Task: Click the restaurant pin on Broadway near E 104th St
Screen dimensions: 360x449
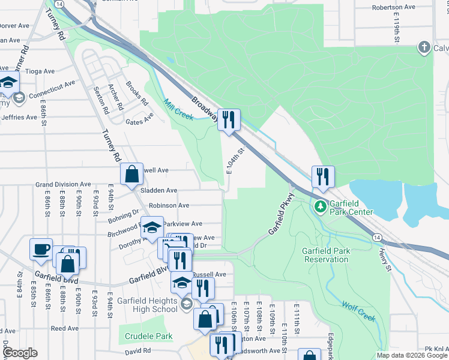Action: [229, 120]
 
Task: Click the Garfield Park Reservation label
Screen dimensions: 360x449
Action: [318, 255]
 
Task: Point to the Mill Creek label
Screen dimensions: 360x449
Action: [178, 109]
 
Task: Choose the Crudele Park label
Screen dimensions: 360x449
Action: [145, 337]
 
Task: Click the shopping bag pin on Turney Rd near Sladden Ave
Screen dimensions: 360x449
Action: [131, 175]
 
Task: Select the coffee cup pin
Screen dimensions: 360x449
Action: [41, 249]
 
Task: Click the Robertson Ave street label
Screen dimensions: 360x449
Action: [393, 7]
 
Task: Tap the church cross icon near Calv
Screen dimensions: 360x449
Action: [424, 47]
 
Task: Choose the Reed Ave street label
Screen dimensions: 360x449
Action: [64, 328]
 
